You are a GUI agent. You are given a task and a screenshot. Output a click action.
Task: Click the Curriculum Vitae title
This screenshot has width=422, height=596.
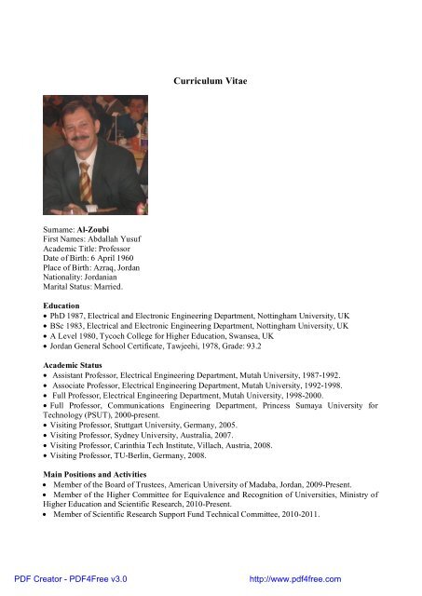[x=211, y=82]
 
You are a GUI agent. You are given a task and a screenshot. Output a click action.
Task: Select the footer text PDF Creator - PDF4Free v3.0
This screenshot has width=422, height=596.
[x=64, y=578]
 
